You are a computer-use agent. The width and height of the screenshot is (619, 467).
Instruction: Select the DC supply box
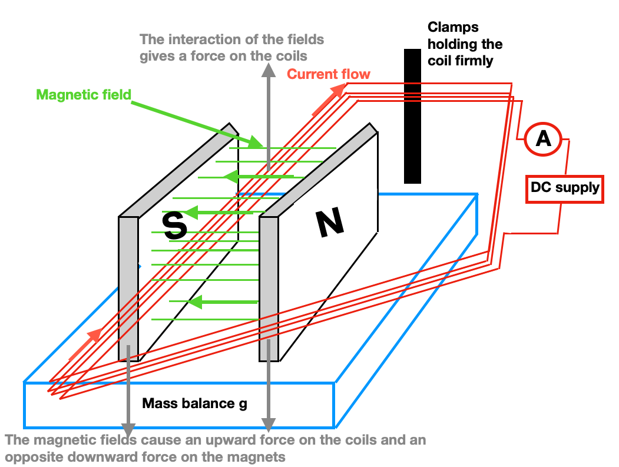(564, 188)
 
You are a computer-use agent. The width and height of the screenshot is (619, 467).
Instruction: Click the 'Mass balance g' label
(194, 404)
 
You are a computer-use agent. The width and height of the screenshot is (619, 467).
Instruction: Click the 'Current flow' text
(329, 74)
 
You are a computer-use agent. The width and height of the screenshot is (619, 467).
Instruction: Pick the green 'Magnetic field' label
(84, 94)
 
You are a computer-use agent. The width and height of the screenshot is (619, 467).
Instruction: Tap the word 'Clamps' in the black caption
(453, 27)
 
